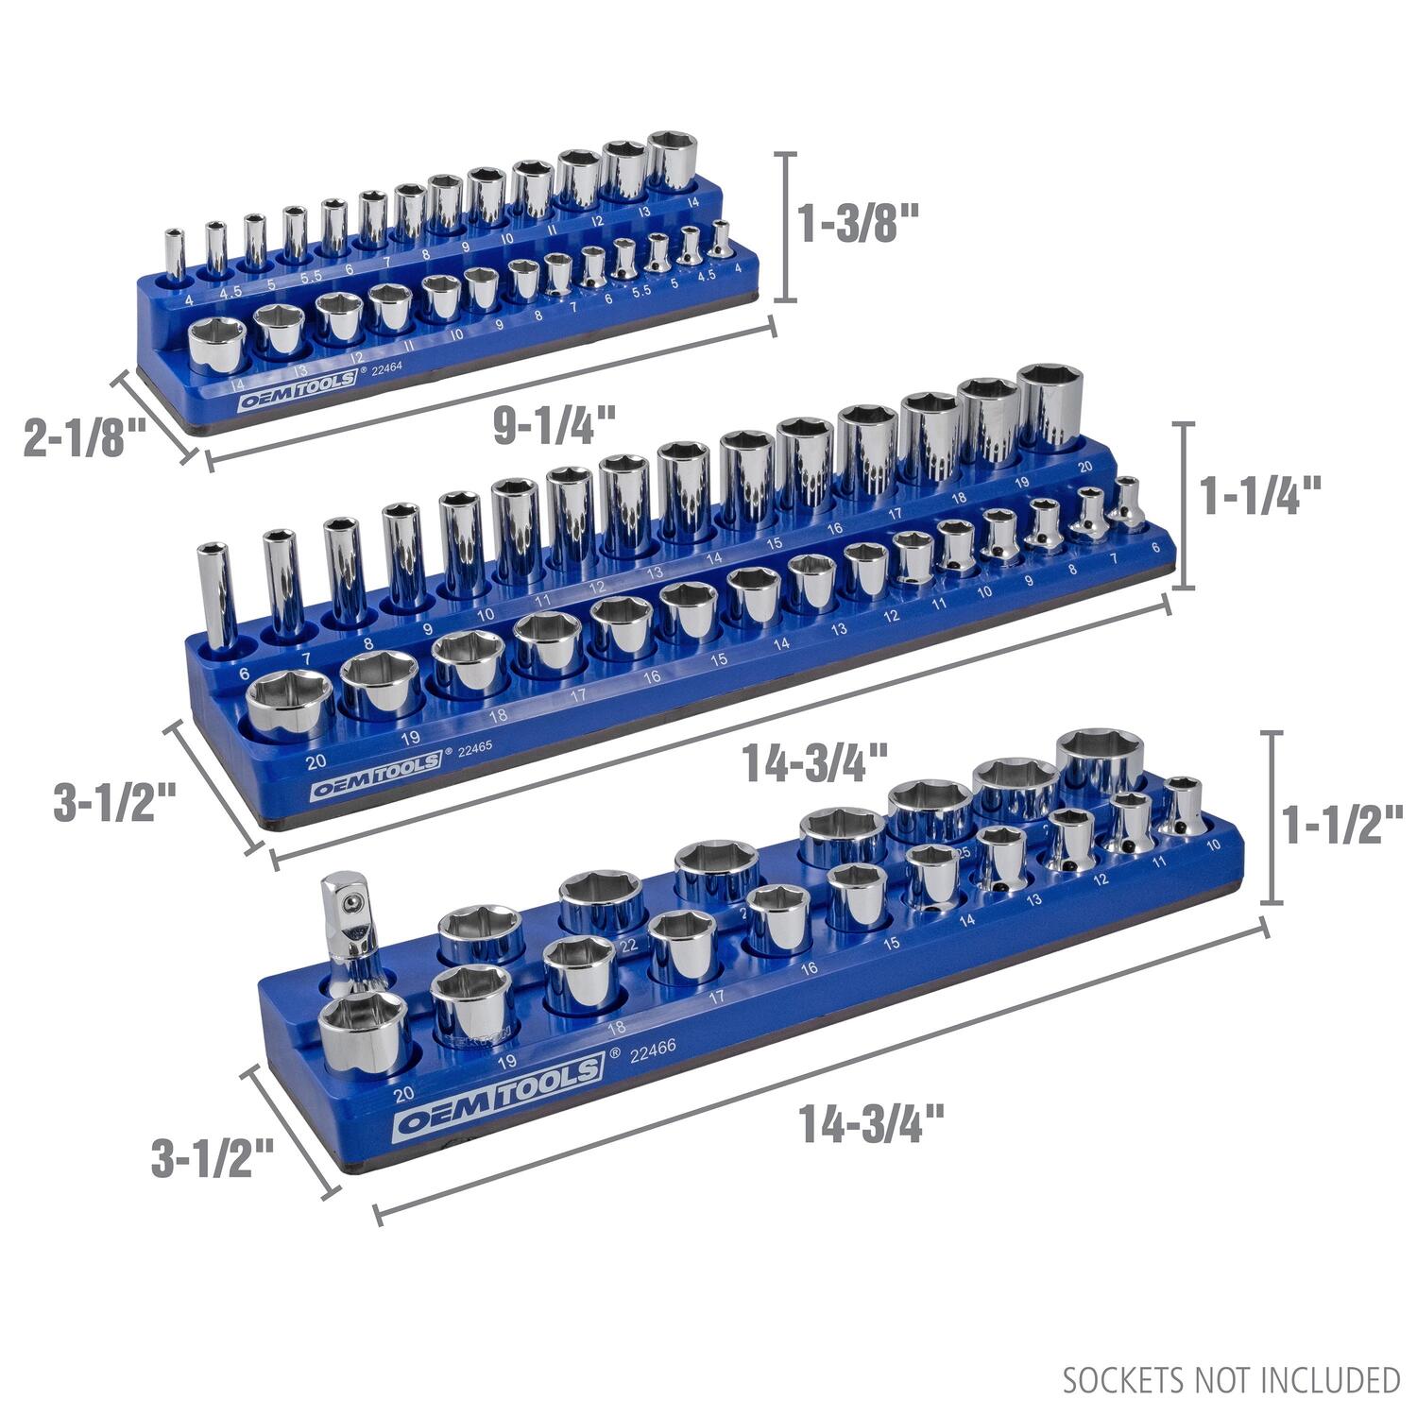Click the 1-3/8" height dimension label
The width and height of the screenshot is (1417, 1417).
pos(859,226)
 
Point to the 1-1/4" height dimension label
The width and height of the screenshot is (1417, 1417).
pos(1260,494)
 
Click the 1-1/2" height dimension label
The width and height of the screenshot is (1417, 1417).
pos(1342,824)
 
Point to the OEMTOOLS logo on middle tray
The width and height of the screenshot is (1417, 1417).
pos(376,763)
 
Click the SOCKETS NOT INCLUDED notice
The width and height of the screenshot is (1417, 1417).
pos(1231,1380)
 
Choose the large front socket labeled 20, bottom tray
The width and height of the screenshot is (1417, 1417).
pos(364,1034)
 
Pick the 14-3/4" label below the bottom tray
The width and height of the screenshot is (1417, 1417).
pos(871,1123)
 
